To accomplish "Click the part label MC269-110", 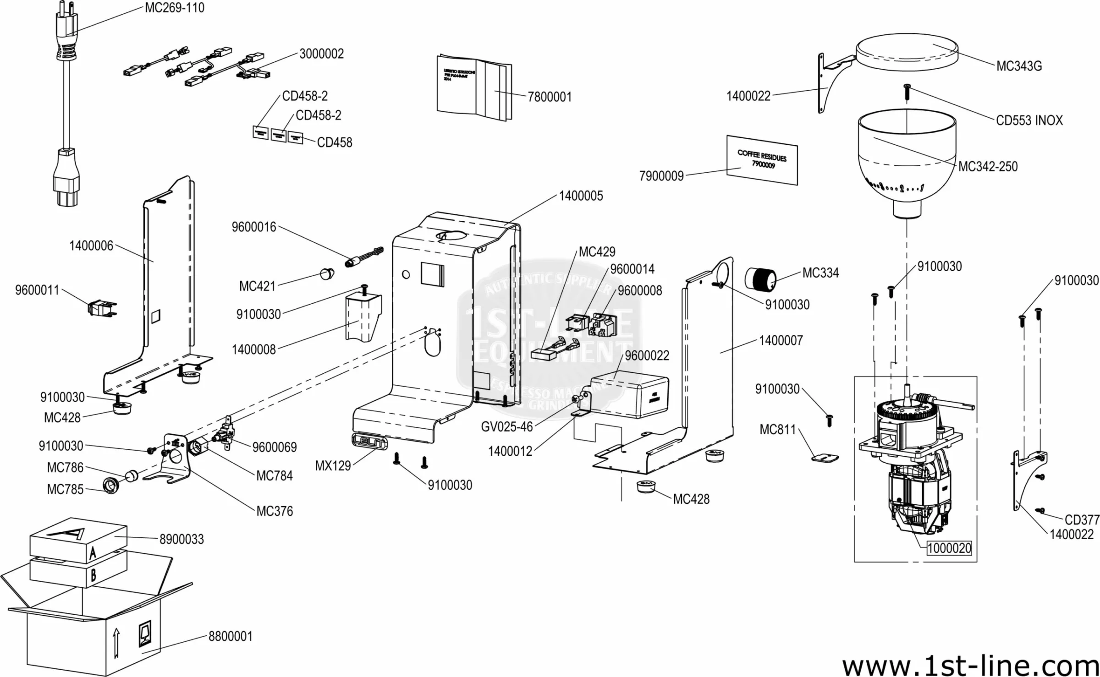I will [x=174, y=8].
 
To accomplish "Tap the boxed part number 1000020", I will [x=949, y=548].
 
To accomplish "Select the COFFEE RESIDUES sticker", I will [x=762, y=160].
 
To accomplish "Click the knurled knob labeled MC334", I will [x=759, y=278].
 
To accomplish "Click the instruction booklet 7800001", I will [x=474, y=88].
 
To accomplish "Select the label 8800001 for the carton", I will [x=230, y=636].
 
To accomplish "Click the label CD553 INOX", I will [x=1029, y=120].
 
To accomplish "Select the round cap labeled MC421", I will [x=327, y=274].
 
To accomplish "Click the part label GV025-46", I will [x=506, y=427].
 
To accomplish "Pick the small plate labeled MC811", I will [x=825, y=457].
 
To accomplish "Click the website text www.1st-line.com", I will [x=970, y=665].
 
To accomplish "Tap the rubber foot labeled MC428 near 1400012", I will [x=646, y=486].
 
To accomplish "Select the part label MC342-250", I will [x=988, y=166].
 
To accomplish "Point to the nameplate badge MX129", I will [x=369, y=442].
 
